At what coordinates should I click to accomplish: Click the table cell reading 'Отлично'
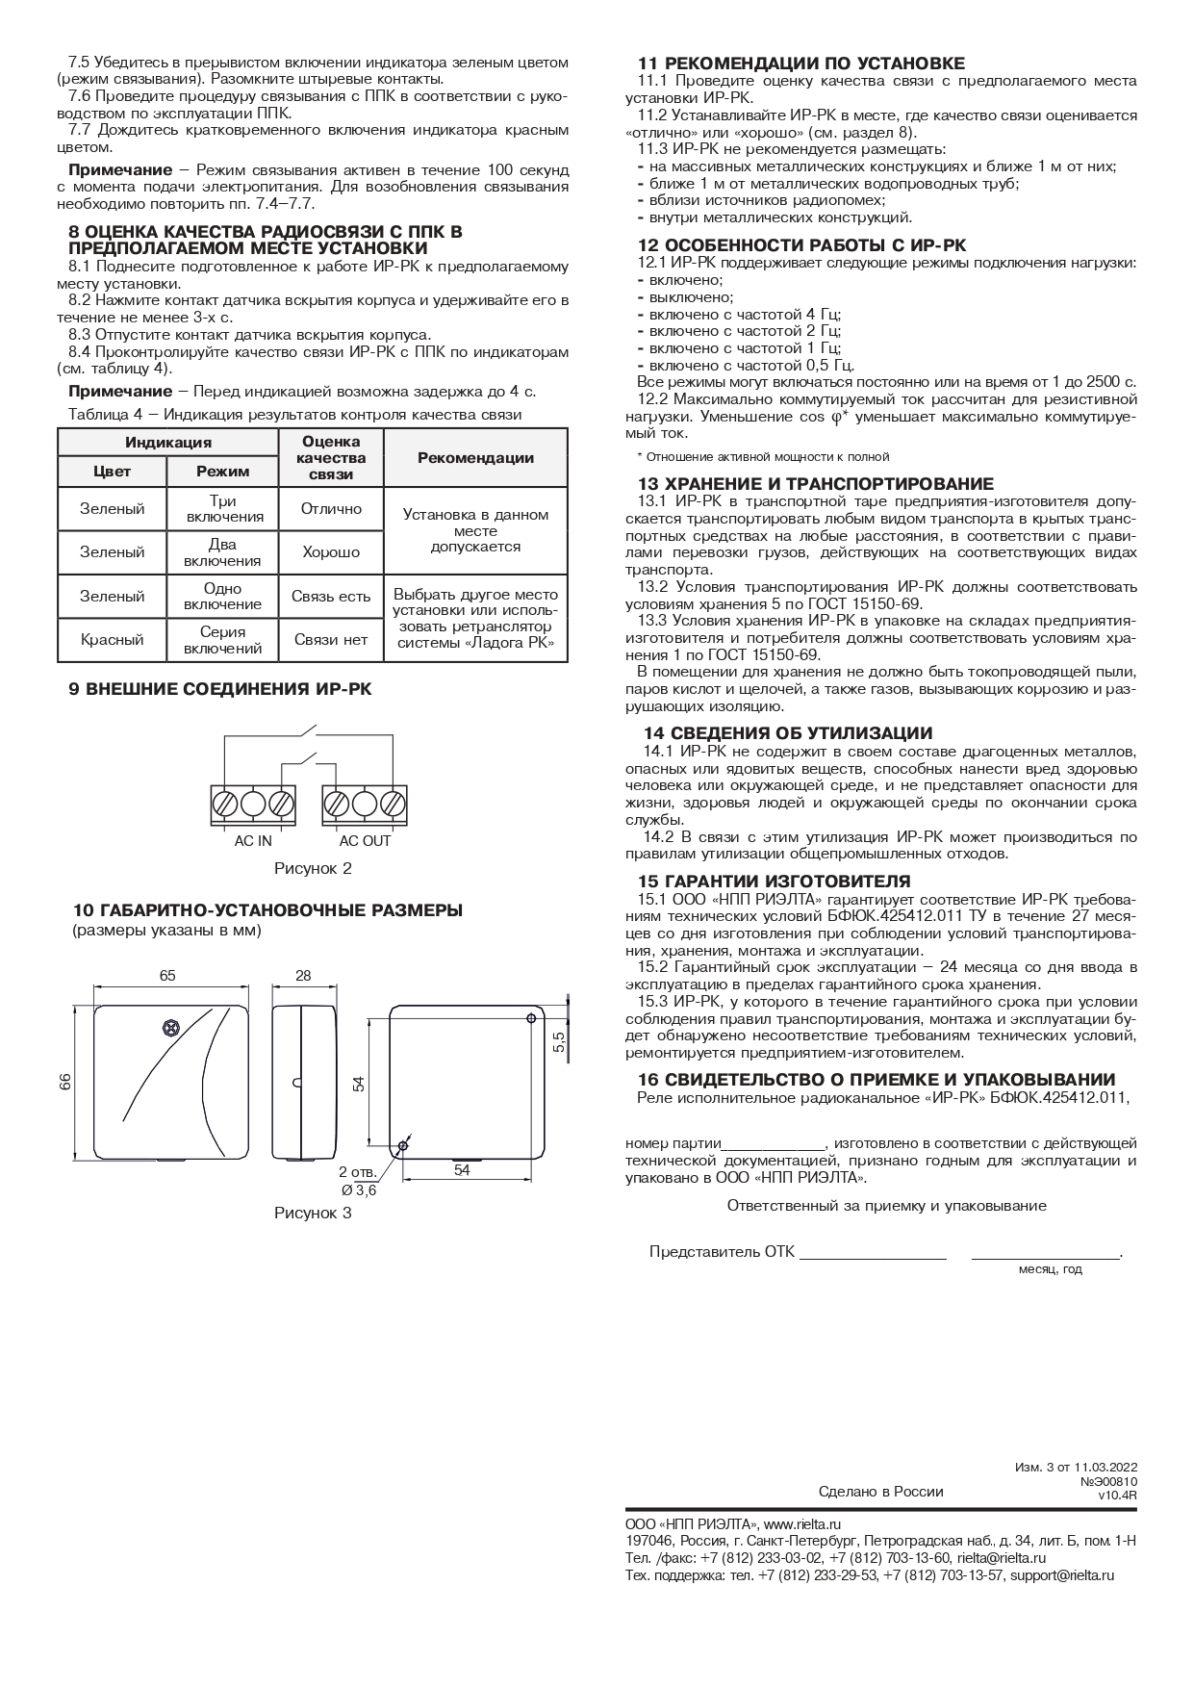331,508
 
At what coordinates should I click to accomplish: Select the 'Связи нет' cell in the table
331,640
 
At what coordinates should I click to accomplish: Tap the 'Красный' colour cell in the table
112,640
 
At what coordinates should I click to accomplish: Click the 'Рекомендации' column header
475,458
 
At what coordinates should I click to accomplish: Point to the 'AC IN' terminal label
253,841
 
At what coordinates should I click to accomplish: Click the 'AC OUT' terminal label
365,841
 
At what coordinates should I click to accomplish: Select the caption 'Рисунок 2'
313,869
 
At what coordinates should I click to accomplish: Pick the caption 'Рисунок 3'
313,1213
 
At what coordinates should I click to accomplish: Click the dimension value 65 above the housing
167,976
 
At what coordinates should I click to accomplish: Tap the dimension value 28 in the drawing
303,976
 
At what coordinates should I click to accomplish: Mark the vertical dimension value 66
65,1082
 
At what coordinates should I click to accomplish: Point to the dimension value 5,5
559,1040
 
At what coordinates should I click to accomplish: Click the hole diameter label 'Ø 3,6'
358,1190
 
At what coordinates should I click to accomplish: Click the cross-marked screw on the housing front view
170,1030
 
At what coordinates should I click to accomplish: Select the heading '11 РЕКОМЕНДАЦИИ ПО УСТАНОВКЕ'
800,64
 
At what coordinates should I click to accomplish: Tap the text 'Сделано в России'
880,1491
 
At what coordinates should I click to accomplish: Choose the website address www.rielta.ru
802,1523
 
